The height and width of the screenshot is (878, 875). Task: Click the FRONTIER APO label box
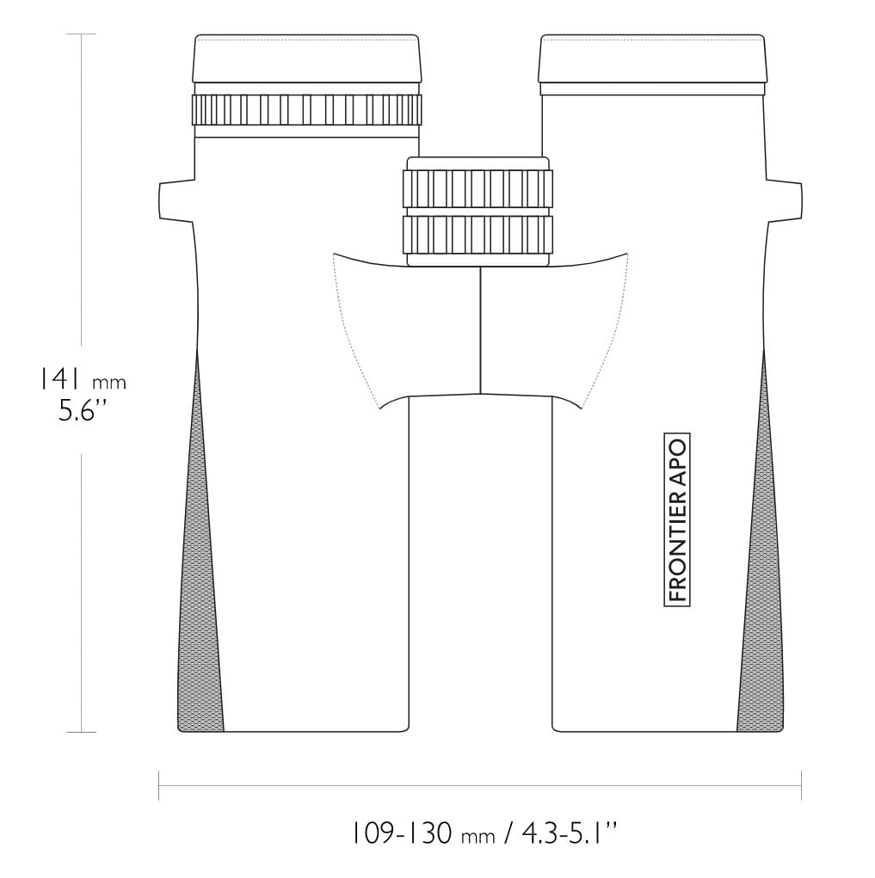pos(677,519)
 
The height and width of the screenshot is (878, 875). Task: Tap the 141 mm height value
pos(82,379)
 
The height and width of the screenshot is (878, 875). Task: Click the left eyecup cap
pos(307,58)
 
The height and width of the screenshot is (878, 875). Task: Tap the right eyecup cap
pos(652,58)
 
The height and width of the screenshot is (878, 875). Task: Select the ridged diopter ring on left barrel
pos(306,110)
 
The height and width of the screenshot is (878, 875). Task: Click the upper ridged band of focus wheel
pos(478,188)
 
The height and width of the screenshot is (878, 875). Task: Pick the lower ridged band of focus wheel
pos(478,234)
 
